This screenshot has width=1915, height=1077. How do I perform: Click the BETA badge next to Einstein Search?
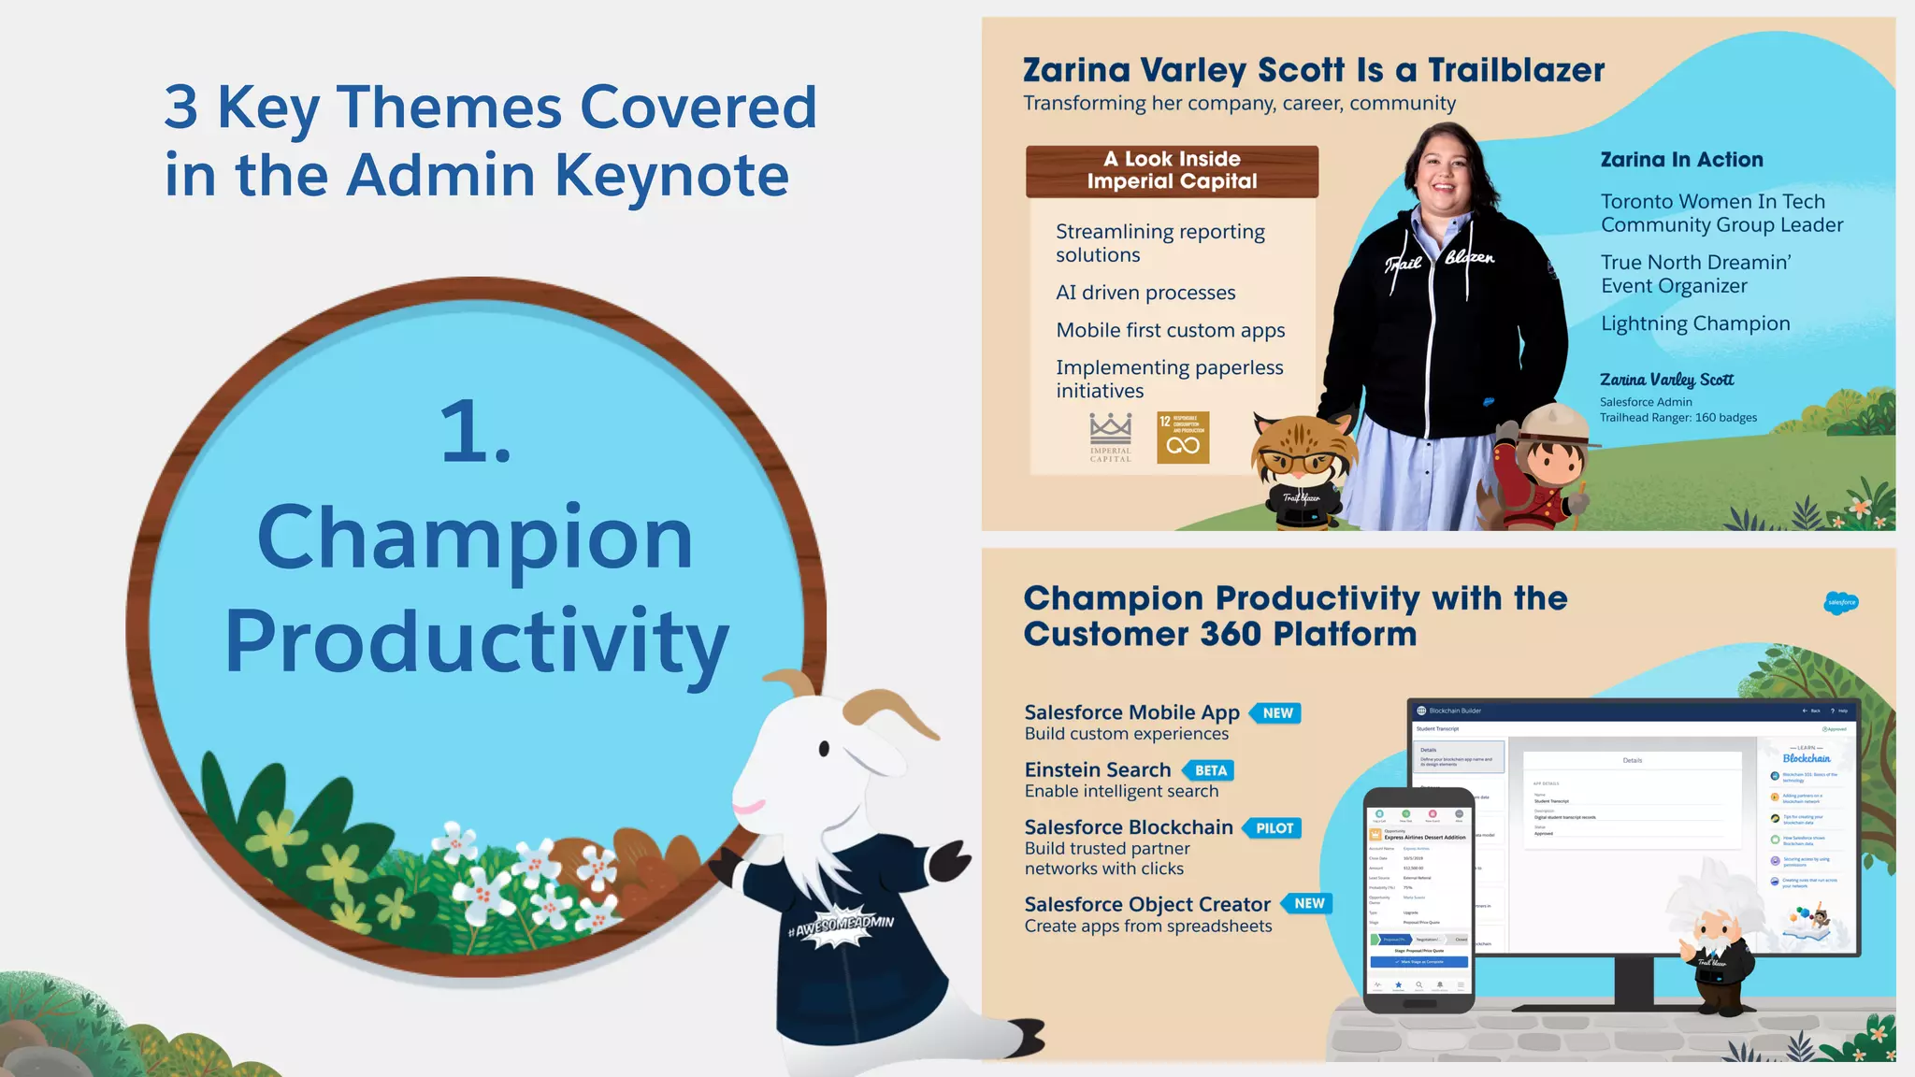1209,770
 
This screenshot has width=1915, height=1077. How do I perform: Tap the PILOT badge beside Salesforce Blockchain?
1273,828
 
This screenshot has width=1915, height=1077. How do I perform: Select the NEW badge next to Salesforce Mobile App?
1276,713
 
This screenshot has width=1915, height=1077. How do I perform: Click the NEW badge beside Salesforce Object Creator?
1308,903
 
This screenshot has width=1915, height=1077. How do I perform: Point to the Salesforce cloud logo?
1841,602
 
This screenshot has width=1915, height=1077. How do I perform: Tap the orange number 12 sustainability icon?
1183,438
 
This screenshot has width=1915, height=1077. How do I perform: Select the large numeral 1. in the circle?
476,432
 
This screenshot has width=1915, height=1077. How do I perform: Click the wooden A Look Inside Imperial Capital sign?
1172,171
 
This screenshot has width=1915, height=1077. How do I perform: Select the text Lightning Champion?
1695,323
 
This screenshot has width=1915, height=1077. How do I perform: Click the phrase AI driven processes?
1145,293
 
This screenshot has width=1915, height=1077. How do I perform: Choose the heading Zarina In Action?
1681,160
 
